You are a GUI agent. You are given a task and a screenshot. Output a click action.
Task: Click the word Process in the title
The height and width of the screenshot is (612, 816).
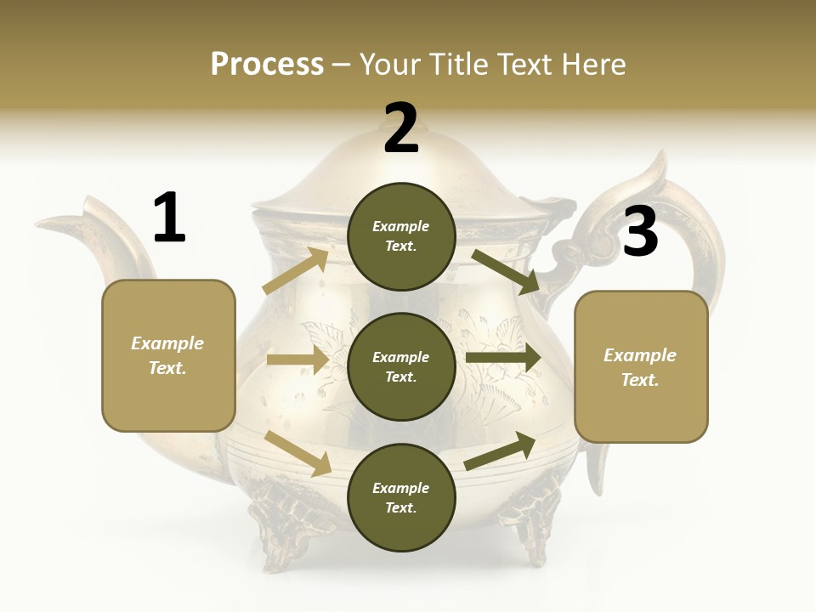click(x=267, y=65)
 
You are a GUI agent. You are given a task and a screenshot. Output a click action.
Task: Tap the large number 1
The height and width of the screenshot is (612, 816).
click(x=169, y=218)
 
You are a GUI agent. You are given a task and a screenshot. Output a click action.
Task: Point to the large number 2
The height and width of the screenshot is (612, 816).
click(x=401, y=129)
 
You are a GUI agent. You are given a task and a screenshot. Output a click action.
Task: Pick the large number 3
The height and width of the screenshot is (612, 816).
click(x=640, y=232)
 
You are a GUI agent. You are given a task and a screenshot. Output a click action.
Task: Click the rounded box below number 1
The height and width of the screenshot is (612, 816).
click(x=168, y=355)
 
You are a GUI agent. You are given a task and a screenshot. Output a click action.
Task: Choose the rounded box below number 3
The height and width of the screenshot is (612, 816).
click(x=641, y=367)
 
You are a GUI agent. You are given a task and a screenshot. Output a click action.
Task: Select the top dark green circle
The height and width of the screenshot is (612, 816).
click(x=401, y=236)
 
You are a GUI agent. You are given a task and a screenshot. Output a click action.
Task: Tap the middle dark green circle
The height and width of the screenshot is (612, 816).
click(x=401, y=366)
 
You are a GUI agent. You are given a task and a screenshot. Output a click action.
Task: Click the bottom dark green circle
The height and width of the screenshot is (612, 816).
click(x=401, y=497)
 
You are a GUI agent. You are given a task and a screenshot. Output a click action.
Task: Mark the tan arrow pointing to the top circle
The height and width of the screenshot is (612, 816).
click(x=296, y=270)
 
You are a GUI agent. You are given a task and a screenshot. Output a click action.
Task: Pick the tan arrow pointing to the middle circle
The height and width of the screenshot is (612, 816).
click(x=297, y=360)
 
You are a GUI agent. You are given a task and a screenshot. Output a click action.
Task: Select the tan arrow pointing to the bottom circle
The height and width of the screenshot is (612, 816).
click(x=298, y=453)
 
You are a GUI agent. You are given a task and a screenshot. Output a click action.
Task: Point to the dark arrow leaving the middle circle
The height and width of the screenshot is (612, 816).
click(x=503, y=358)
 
